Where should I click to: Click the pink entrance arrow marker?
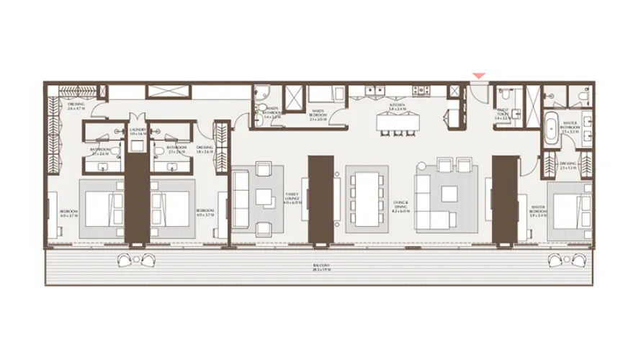(x=478, y=76)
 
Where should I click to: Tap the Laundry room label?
(x=138, y=132)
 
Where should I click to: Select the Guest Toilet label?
(x=503, y=112)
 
